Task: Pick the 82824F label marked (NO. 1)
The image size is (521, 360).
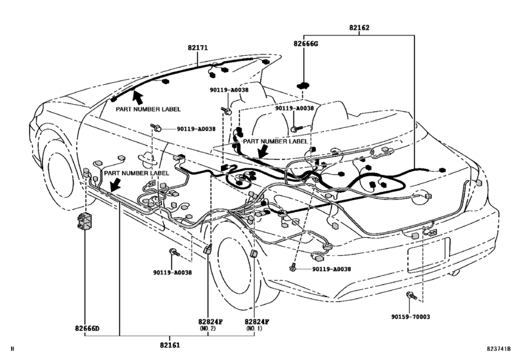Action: click(x=256, y=321)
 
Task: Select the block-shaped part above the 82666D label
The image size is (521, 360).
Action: click(x=84, y=222)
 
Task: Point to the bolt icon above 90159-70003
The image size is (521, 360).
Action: click(x=411, y=295)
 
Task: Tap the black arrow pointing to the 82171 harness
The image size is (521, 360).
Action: click(x=137, y=97)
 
